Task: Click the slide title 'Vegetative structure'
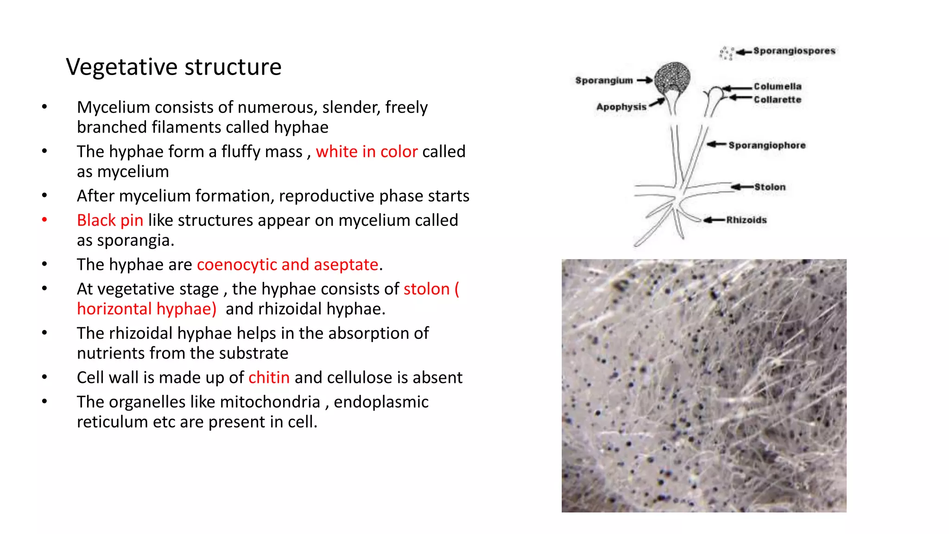coord(173,67)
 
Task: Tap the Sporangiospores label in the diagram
coord(794,51)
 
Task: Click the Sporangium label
coord(604,81)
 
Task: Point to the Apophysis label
coord(621,107)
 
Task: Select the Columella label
coord(777,86)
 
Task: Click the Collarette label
coord(777,100)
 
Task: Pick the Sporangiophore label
coord(766,146)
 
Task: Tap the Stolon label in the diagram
coord(770,187)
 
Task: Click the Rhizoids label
coord(746,220)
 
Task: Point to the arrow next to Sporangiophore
coord(716,145)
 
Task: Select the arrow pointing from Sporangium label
coord(645,80)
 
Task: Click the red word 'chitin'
coord(269,378)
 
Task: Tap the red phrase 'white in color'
coord(367,152)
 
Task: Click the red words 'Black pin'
coord(110,221)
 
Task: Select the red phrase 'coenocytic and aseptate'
coord(287,265)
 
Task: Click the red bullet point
coord(44,220)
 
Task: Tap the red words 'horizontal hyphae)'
coord(146,309)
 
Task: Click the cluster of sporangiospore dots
coord(726,53)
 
